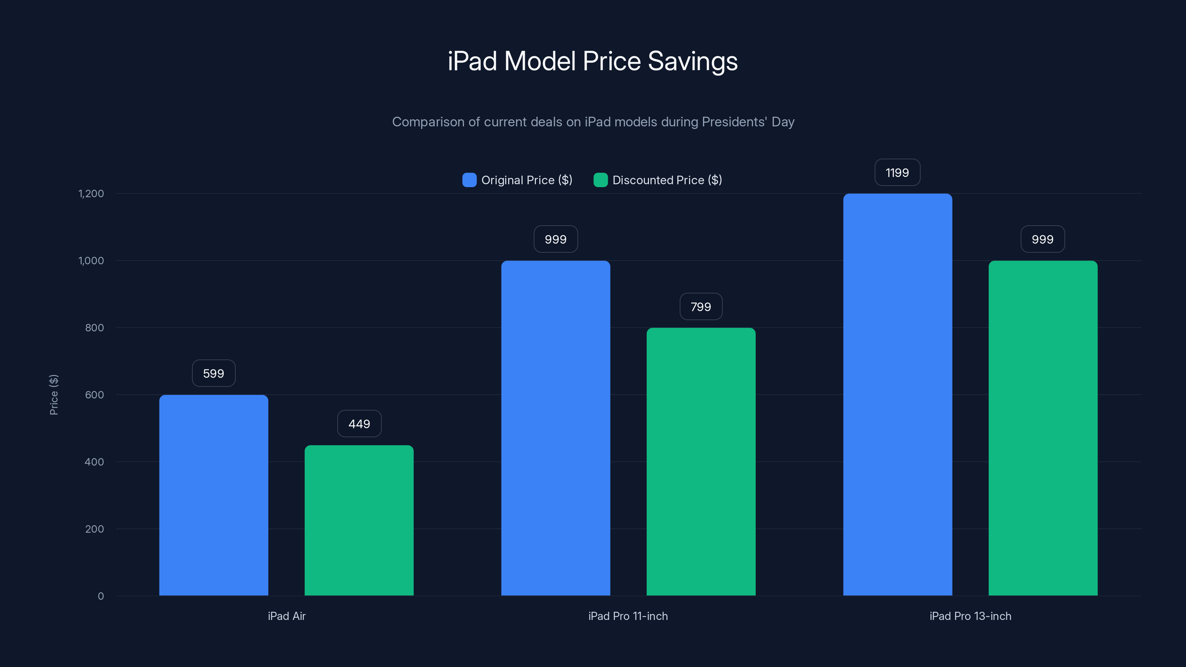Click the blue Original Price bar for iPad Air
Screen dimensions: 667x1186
pos(213,495)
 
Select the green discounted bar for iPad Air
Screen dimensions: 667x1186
pos(359,520)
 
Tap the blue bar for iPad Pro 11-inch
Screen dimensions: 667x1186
pos(555,428)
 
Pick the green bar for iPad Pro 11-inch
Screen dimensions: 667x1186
pos(701,461)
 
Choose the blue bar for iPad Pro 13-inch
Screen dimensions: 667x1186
pos(897,395)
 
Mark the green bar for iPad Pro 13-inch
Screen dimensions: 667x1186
pos(1043,428)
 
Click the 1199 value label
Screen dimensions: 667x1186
pos(897,173)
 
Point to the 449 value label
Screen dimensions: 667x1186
pos(359,424)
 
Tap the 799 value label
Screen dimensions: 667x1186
pos(701,306)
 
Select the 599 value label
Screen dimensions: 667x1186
pos(213,373)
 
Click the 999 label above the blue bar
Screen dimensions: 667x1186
pos(555,239)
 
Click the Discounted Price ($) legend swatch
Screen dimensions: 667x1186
pos(600,180)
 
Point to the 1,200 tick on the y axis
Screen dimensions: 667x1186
pos(91,193)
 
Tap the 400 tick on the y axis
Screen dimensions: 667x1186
pos(95,462)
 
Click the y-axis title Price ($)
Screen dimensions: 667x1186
pos(54,395)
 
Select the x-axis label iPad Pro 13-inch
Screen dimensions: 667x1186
pos(970,616)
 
